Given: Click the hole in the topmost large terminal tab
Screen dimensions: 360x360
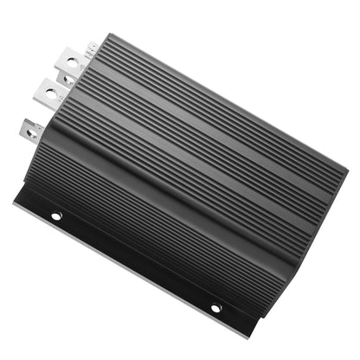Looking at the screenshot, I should (x=69, y=61).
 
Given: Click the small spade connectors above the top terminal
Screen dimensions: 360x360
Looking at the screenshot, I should (x=91, y=47).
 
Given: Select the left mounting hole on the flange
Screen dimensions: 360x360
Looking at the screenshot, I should (x=56, y=215).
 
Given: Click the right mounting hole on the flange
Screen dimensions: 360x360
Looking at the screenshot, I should (x=215, y=307).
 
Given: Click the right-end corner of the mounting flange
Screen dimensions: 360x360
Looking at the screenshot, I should (x=251, y=336).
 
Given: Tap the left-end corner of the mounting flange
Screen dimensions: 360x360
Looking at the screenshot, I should (x=16, y=202).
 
